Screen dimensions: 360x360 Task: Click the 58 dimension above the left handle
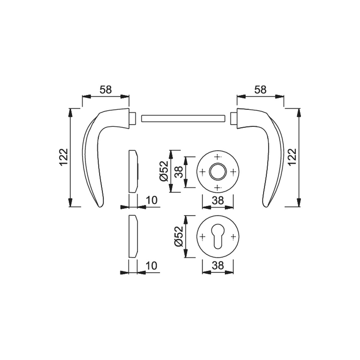[106, 90]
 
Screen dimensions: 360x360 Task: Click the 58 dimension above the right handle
[260, 90]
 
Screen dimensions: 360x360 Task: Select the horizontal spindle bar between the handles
[183, 118]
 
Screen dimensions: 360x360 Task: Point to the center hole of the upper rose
[218, 171]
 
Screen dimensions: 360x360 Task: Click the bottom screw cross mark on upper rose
[218, 187]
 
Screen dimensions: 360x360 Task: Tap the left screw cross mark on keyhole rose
[202, 237]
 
